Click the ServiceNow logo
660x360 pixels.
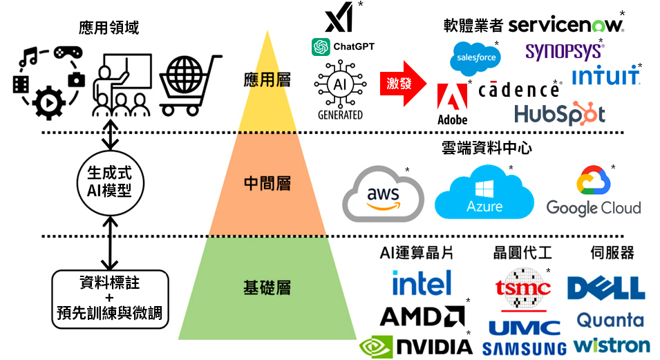pos(565,25)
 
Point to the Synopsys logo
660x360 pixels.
pos(563,51)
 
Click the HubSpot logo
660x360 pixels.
pos(559,113)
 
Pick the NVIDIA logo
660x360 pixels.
pos(416,345)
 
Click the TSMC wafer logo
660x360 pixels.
pos(522,287)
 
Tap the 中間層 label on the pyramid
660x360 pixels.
pos(267,183)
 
